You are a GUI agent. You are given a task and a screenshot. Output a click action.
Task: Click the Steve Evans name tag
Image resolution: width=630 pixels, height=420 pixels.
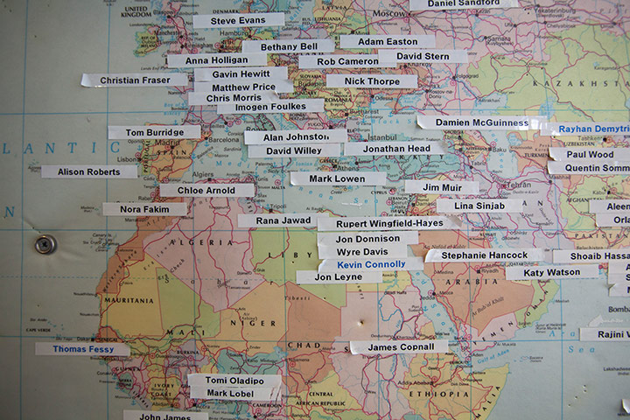click(x=238, y=19)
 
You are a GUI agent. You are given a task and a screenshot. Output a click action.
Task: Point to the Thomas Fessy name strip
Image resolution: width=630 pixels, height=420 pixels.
click(x=82, y=348)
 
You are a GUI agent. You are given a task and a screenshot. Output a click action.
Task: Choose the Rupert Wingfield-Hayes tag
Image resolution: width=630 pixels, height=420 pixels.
click(x=389, y=223)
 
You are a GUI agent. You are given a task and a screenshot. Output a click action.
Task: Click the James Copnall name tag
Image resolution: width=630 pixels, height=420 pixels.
click(x=399, y=347)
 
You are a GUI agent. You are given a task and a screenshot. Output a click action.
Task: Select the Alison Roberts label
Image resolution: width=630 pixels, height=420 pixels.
click(x=89, y=171)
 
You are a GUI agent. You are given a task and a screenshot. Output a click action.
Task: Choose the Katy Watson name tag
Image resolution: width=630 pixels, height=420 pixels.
click(x=552, y=273)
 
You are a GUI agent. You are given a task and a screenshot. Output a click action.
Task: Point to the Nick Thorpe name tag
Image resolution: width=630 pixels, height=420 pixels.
click(x=372, y=80)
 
